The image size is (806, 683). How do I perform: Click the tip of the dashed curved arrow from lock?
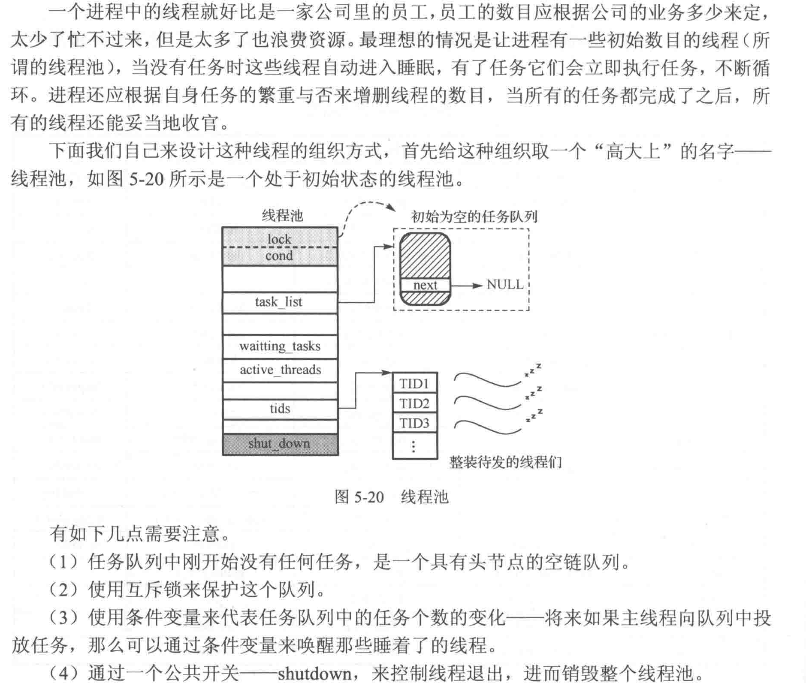coord(395,210)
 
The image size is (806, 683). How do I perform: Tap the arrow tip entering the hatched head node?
coord(393,247)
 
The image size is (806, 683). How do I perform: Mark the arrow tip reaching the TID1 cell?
coord(392,373)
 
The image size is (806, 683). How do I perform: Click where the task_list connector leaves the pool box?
coord(338,303)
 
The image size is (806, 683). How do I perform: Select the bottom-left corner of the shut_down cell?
coord(223,455)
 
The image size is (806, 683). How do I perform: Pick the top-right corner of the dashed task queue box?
coord(529,229)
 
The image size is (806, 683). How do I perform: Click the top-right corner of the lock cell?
coord(338,228)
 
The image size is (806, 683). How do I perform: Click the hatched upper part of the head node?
coord(425,256)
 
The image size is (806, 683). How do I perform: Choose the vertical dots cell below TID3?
coord(415,446)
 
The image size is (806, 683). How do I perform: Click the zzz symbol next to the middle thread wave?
coord(534,393)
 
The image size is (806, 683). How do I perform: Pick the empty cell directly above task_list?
coord(280,279)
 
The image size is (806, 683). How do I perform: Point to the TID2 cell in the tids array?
coord(415,403)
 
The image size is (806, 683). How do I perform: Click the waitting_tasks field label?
coord(280,346)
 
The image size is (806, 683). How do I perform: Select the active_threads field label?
coord(280,370)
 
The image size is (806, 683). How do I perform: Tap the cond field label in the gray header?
coord(279,256)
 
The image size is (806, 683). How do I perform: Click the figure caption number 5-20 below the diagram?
coord(369,497)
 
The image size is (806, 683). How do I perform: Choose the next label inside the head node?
coord(425,285)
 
